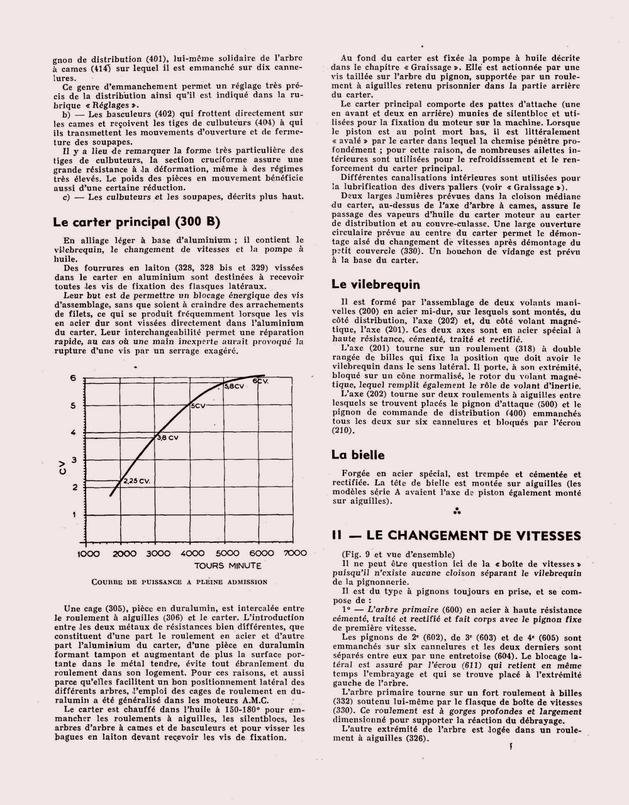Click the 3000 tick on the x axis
[x=155, y=553]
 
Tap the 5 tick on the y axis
[x=73, y=405]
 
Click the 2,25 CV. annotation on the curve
[x=138, y=480]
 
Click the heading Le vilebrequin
[x=376, y=284]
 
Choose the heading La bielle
[x=358, y=455]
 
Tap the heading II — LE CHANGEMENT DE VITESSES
[x=456, y=535]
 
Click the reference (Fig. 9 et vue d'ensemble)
[x=395, y=554]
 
